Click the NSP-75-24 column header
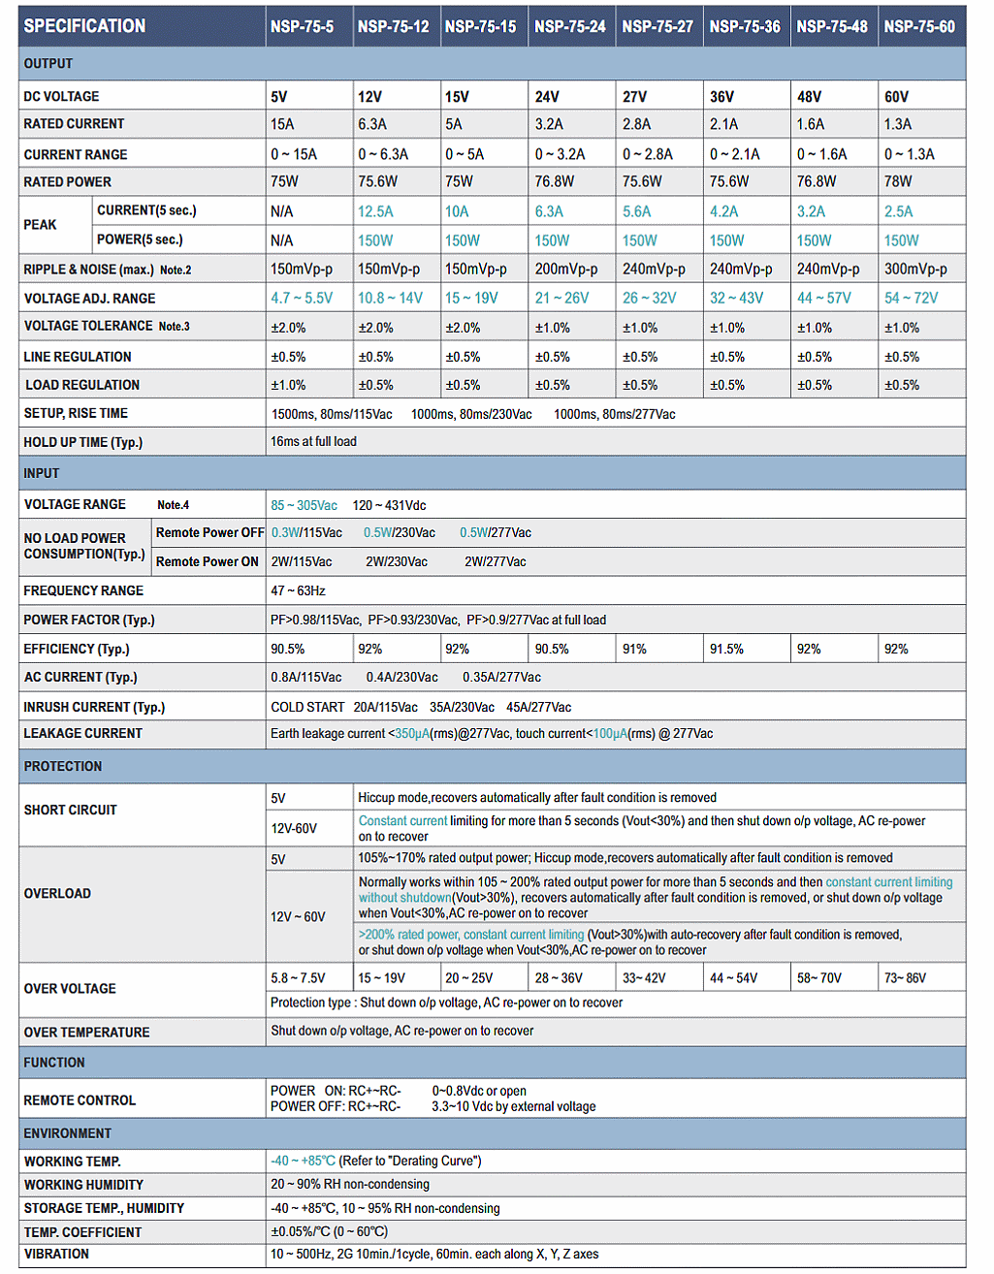pyautogui.click(x=569, y=26)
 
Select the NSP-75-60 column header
pyautogui.click(x=918, y=26)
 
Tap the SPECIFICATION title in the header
pyautogui.click(x=84, y=26)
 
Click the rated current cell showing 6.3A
pyautogui.click(x=372, y=124)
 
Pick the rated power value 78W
pyautogui.click(x=898, y=181)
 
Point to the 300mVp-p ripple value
pyautogui.click(x=915, y=269)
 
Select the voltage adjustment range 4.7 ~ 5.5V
pyautogui.click(x=302, y=298)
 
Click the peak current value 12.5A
pyautogui.click(x=375, y=211)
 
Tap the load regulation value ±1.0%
pyautogui.click(x=288, y=385)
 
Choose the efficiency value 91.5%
pyautogui.click(x=726, y=649)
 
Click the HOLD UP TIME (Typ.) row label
pyautogui.click(x=83, y=442)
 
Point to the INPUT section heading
pyautogui.click(x=42, y=473)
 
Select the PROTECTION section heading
pyautogui.click(x=63, y=766)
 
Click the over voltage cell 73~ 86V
pyautogui.click(x=905, y=978)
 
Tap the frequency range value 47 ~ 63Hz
pyautogui.click(x=298, y=590)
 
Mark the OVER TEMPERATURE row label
pyautogui.click(x=87, y=1033)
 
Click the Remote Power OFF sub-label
pyautogui.click(x=209, y=532)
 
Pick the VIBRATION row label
pyautogui.click(x=56, y=1254)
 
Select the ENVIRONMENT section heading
pyautogui.click(x=68, y=1133)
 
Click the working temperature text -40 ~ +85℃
pyautogui.click(x=303, y=1161)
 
